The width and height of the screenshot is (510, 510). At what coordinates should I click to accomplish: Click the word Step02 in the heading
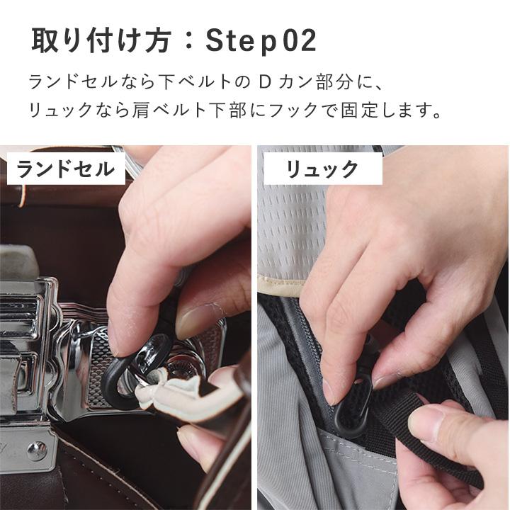click(x=261, y=42)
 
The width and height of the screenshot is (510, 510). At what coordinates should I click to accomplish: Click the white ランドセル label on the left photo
click(x=65, y=169)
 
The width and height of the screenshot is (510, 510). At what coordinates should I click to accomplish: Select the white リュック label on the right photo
click(x=322, y=169)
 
